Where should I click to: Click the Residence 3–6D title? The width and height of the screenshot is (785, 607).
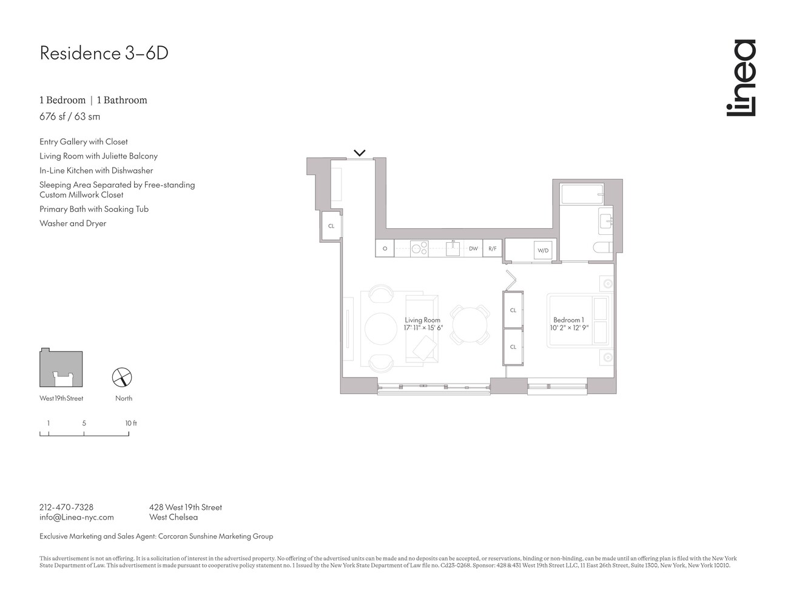pos(104,53)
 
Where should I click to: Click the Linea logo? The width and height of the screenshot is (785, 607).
pos(741,78)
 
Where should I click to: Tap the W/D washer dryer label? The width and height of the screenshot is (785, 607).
pos(542,251)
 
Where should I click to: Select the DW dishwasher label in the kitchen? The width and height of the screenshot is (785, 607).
pos(473,249)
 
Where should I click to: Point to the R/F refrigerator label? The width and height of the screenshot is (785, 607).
pos(492,249)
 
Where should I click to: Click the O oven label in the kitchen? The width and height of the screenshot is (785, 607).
pos(385,249)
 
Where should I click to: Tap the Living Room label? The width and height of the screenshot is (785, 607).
pos(423,320)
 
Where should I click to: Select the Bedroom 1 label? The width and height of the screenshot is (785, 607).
pos(568,320)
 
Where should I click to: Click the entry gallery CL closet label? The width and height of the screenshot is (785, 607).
pos(331,226)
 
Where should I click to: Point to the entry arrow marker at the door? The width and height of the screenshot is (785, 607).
pos(360,153)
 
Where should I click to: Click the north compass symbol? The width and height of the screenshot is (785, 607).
pos(123,378)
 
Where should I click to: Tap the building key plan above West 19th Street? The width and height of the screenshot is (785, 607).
pos(61,368)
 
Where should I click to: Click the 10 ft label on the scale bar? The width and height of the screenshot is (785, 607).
pos(131,423)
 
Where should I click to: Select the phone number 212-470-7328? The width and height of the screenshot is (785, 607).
pos(66,507)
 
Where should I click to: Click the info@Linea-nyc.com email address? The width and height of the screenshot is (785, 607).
pos(76,517)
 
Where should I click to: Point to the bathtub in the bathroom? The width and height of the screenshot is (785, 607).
pos(582,195)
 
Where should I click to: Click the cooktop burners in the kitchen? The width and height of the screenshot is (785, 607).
pos(419,248)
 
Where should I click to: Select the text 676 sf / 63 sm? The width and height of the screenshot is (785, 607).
pos(70,117)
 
